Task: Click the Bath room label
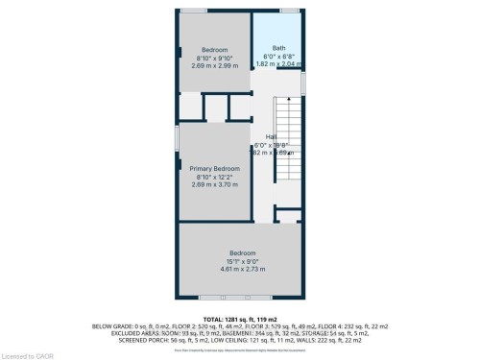point(278,48)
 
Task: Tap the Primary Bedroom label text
point(214,167)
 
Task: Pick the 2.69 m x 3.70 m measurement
point(214,183)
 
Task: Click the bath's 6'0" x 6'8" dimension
point(278,57)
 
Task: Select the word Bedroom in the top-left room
point(214,50)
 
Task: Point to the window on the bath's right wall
point(303,82)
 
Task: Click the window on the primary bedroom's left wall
point(176,138)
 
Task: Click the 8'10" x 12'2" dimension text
point(214,176)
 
